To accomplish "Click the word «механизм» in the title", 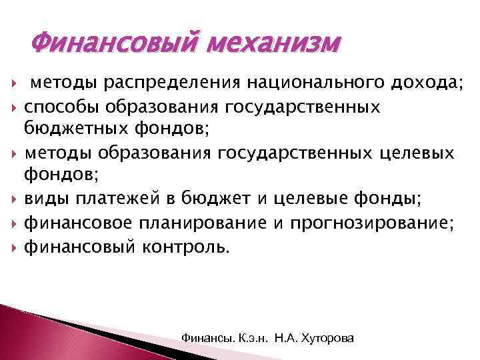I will (275, 45).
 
